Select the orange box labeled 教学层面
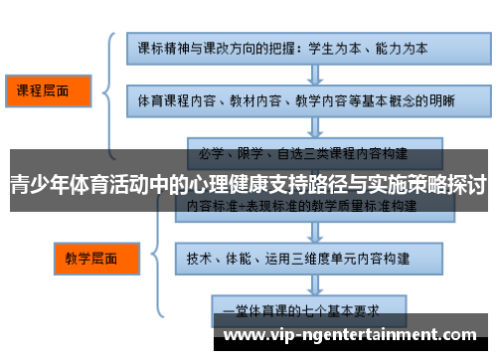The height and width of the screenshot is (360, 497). [91, 258]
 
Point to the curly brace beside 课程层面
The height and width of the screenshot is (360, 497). [107, 91]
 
